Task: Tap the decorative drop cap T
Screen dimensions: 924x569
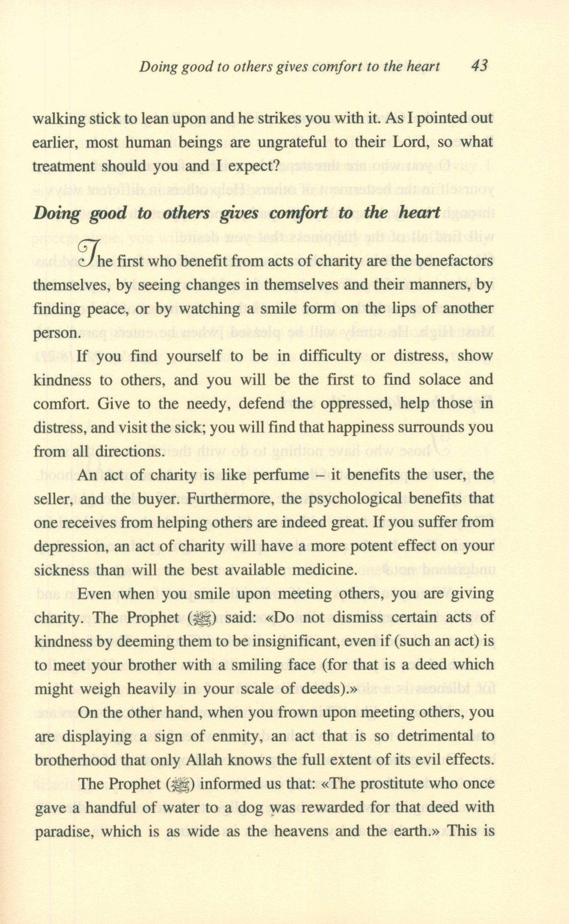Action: pyautogui.click(x=87, y=251)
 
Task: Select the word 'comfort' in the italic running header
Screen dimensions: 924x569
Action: pyautogui.click(x=338, y=67)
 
